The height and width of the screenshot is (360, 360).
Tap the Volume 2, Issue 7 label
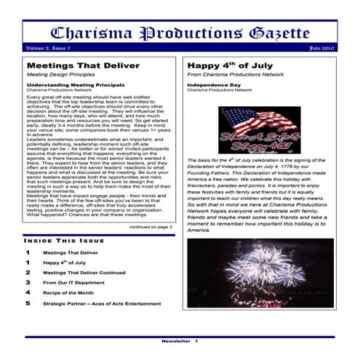coord(49,47)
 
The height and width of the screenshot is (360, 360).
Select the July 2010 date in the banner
coord(319,47)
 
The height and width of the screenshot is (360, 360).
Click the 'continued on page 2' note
coord(151,227)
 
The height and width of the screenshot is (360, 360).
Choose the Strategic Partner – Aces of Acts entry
coord(101,303)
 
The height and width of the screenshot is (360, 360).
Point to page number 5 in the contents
coord(28,303)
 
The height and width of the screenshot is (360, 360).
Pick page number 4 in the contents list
coord(28,292)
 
